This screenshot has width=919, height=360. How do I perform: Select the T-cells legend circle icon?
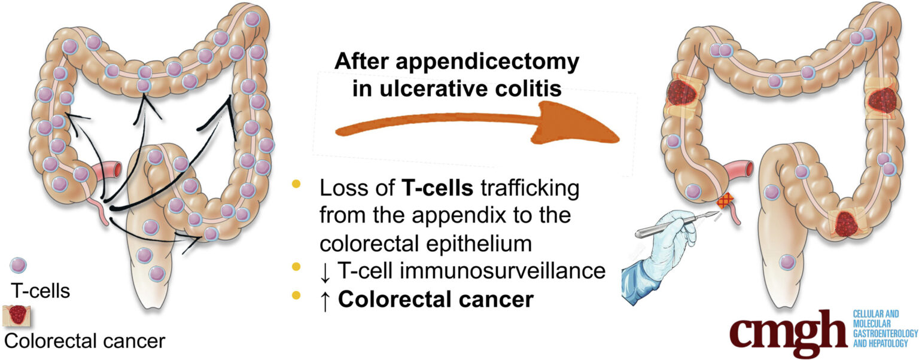point(19,265)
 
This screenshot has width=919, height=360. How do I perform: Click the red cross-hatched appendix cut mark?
point(726,201)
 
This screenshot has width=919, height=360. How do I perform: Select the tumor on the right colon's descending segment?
point(881,97)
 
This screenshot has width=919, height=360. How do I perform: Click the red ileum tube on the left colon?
point(108,171)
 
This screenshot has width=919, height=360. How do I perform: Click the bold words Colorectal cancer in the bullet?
point(435,298)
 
